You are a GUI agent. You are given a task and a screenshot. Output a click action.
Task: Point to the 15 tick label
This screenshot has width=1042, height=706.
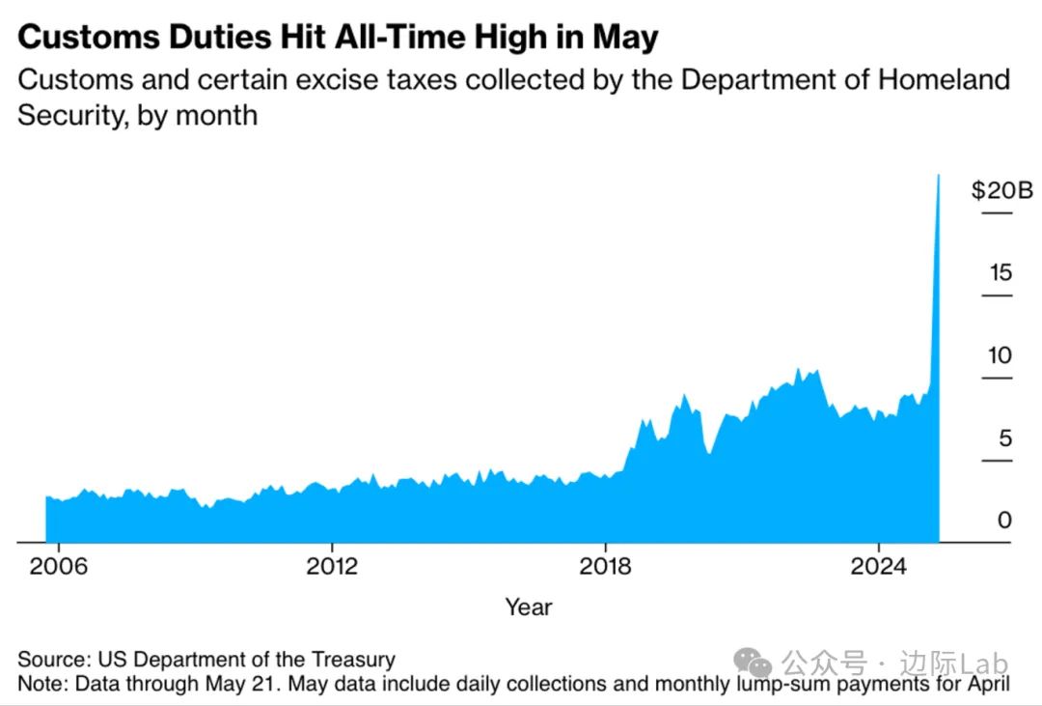tap(1001, 273)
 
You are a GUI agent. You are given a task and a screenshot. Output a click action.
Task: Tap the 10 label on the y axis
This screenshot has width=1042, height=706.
tap(1001, 355)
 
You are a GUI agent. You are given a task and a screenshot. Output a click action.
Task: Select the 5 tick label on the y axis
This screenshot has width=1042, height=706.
tap(1005, 438)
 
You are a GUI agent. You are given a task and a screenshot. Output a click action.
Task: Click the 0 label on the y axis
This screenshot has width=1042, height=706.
tap(1005, 521)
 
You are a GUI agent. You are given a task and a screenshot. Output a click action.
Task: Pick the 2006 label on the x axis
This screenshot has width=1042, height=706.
tap(58, 566)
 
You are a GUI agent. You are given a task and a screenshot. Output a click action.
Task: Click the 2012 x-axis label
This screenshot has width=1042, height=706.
tap(332, 566)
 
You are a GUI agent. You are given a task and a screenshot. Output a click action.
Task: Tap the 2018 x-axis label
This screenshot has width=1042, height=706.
tap(606, 566)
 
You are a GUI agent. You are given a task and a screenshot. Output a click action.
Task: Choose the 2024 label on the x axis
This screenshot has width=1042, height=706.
tap(880, 566)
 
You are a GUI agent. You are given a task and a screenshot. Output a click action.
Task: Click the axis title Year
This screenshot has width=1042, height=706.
tap(529, 607)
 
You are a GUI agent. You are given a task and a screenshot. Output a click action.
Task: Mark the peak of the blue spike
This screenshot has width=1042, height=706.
tap(938, 176)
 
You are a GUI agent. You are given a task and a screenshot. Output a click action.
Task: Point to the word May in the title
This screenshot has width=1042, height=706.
tap(626, 38)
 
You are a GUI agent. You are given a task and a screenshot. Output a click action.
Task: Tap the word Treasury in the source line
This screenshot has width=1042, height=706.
tap(352, 661)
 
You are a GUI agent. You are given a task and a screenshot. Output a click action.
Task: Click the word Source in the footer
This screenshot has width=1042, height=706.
tap(54, 661)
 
